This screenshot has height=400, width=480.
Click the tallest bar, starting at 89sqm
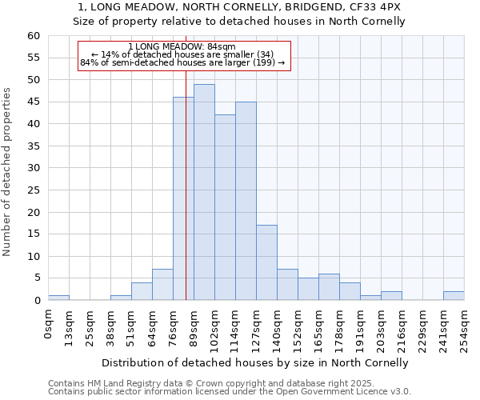click(x=204, y=192)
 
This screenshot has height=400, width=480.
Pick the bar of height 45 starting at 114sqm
click(x=246, y=201)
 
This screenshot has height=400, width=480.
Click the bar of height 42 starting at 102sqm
click(x=225, y=207)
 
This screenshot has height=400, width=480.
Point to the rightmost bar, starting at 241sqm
click(x=454, y=296)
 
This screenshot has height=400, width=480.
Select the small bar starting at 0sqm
click(x=58, y=298)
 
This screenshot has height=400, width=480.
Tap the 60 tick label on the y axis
click(x=33, y=36)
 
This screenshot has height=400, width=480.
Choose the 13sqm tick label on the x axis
click(x=69, y=326)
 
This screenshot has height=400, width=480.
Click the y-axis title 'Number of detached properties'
click(x=7, y=172)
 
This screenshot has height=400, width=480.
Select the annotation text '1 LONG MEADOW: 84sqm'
click(x=182, y=47)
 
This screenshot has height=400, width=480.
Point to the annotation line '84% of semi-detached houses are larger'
click(x=182, y=63)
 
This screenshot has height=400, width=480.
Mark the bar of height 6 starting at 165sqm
click(x=329, y=287)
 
